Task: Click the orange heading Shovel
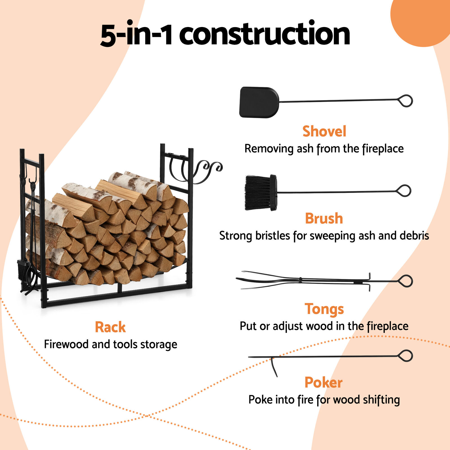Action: coord(324,131)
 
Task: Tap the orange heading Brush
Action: coord(324,219)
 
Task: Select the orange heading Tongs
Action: coord(324,309)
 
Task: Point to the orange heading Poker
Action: coord(324,382)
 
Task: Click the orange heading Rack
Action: coord(110,327)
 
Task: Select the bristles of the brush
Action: coord(257,193)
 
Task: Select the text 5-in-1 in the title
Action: coord(136,34)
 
